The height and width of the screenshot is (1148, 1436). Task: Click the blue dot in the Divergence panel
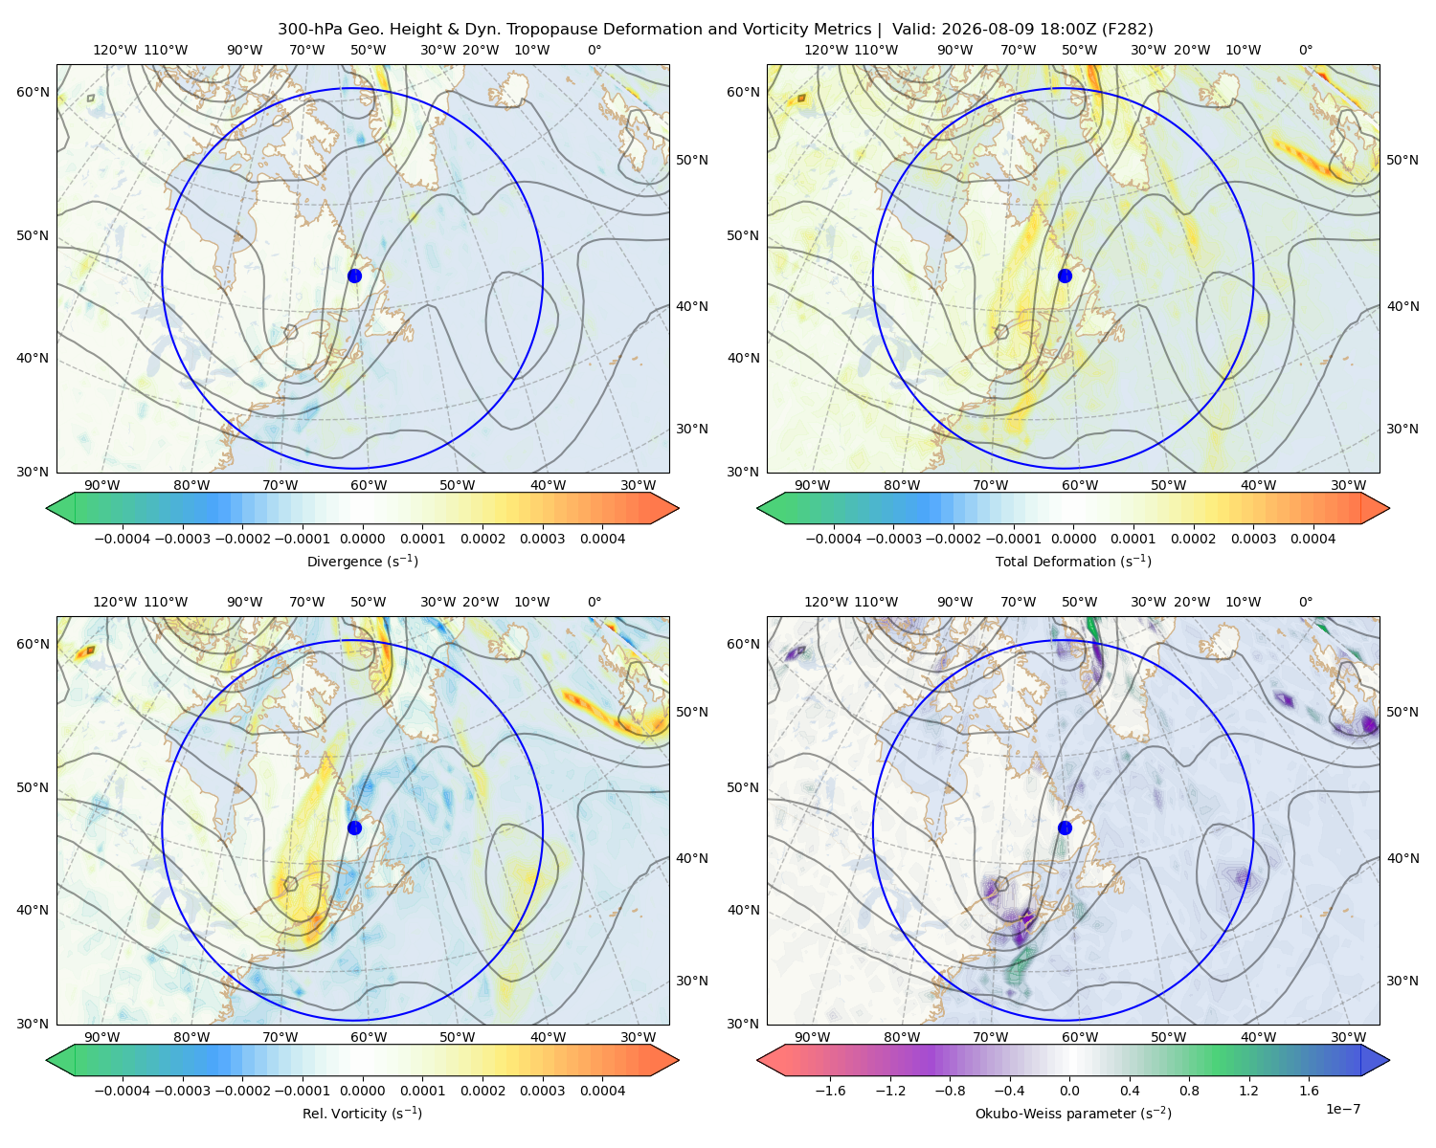[354, 276]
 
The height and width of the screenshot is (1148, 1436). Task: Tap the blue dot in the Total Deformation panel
[1065, 276]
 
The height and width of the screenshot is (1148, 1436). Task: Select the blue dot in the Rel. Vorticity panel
[354, 828]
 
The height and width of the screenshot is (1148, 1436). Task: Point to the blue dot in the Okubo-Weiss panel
[1065, 828]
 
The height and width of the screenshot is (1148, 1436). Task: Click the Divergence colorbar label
[362, 561]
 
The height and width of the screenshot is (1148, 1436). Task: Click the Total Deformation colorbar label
[1073, 561]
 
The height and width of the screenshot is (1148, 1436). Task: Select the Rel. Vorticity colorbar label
[362, 1113]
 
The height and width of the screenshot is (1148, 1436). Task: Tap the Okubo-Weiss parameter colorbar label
[1073, 1113]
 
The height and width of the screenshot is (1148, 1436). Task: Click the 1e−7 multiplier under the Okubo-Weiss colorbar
[1342, 1109]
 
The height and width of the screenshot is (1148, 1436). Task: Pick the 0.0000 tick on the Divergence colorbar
[362, 539]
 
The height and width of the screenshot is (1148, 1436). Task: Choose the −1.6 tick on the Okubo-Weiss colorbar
[830, 1090]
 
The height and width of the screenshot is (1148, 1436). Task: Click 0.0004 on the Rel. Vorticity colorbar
[602, 1090]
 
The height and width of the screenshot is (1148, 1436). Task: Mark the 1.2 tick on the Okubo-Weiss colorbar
[1249, 1090]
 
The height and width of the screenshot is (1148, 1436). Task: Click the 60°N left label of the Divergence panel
[33, 92]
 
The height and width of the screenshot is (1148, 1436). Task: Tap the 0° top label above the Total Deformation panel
[1305, 50]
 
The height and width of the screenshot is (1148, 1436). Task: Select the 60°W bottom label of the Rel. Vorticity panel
[369, 1037]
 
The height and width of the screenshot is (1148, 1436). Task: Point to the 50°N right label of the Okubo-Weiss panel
[1402, 711]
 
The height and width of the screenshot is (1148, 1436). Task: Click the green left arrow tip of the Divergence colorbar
[47, 508]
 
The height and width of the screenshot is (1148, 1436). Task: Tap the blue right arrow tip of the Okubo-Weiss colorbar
[1389, 1060]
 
